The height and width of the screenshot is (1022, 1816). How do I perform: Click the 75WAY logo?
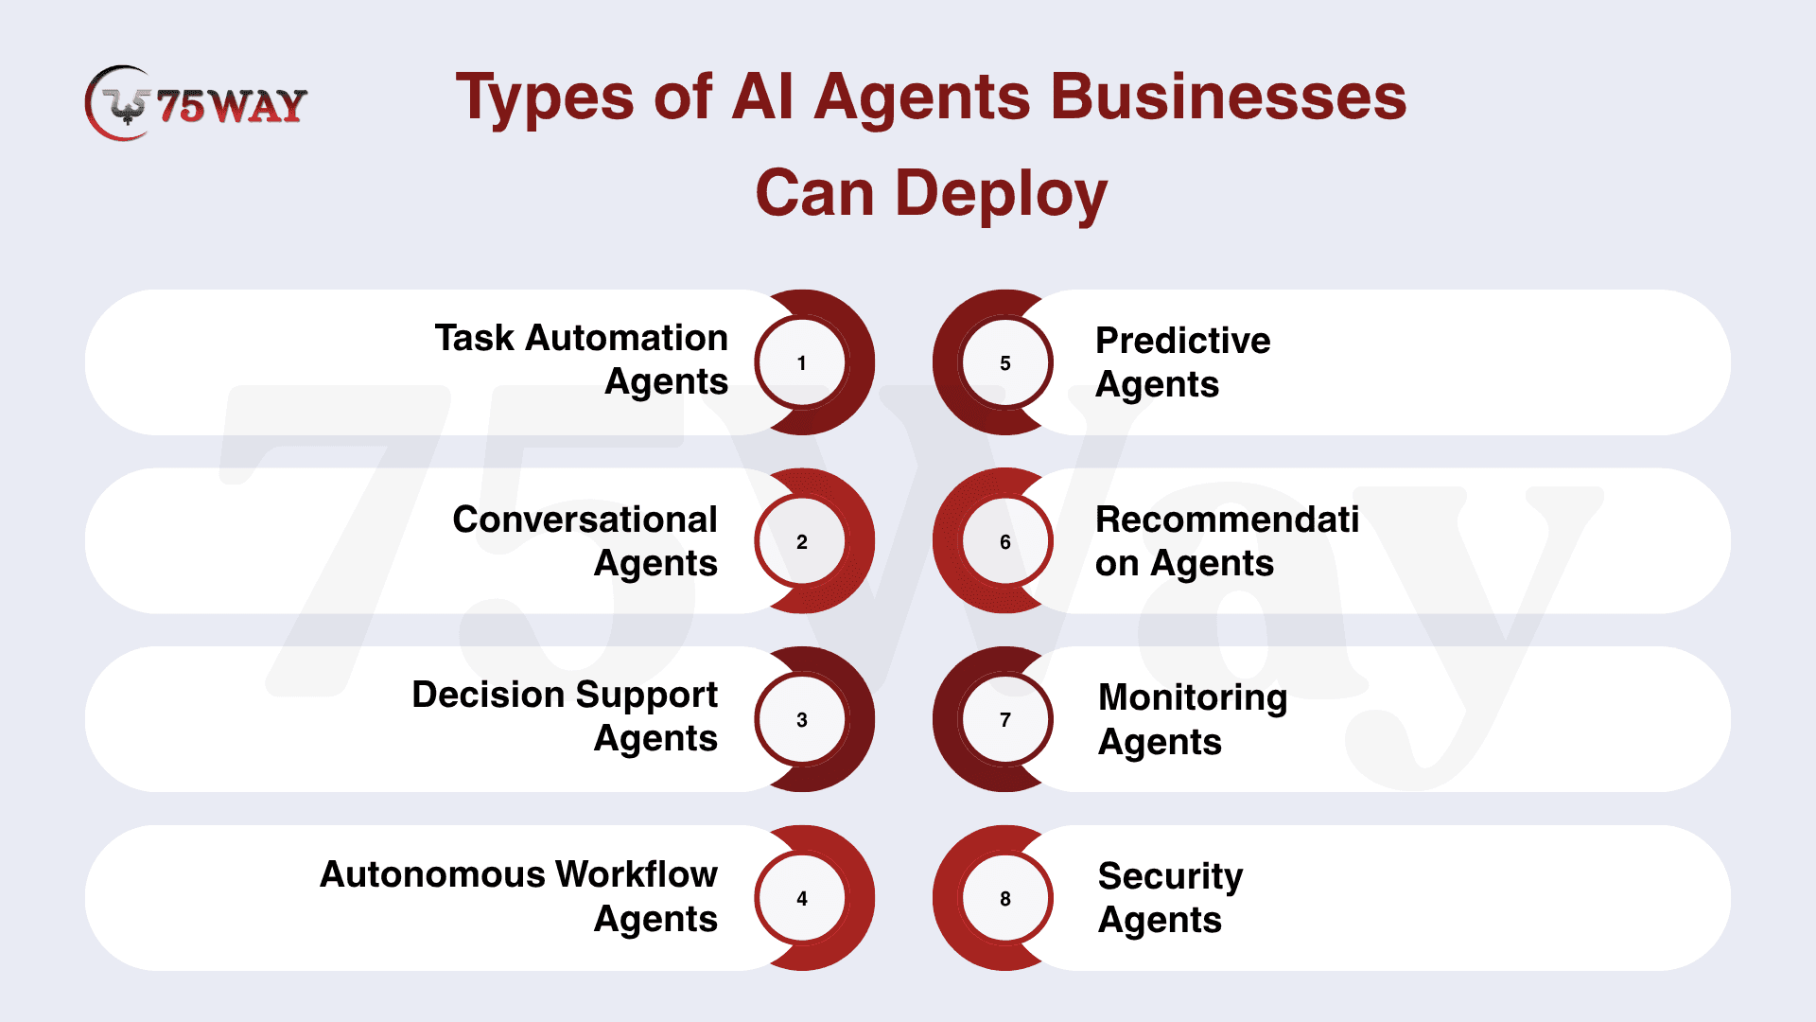(x=196, y=103)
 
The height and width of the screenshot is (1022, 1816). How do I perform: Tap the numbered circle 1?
(x=802, y=362)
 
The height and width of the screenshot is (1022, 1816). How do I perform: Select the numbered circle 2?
(x=802, y=541)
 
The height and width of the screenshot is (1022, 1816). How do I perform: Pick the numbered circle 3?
(x=802, y=719)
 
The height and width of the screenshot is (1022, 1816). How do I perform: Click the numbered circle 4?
(x=802, y=898)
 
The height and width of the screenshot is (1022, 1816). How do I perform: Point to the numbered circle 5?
(x=1005, y=362)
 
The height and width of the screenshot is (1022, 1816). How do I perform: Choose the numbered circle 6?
(x=1005, y=541)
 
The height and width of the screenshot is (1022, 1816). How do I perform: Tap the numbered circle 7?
(x=1005, y=719)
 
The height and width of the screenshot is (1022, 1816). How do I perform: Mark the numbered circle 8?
(x=1005, y=898)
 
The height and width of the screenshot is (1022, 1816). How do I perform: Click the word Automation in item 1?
(x=626, y=338)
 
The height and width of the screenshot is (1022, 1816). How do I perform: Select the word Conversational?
(x=585, y=520)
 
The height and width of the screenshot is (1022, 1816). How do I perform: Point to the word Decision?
(x=488, y=695)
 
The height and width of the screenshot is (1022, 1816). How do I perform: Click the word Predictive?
(x=1183, y=341)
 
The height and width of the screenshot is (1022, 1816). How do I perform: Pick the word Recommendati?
(x=1228, y=520)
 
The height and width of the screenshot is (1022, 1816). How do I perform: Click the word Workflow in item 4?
(x=637, y=874)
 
